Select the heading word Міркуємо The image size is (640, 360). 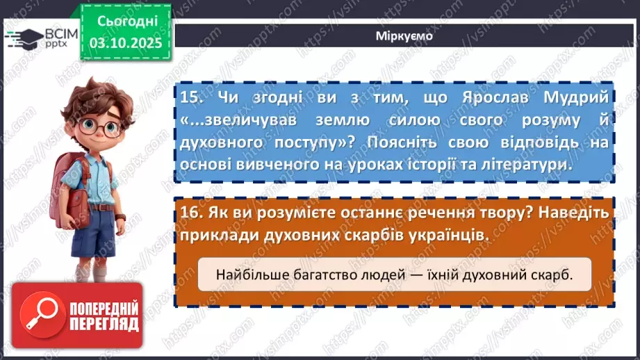tap(403, 37)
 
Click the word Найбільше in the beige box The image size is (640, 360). tap(247, 275)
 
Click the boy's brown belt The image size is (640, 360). tap(103, 206)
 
